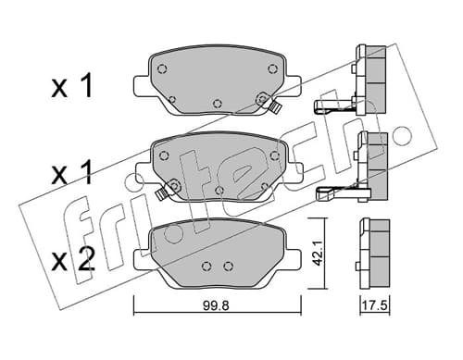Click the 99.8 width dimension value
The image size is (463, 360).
(216, 306)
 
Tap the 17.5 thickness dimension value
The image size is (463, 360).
(374, 306)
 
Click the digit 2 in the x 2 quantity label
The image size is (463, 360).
(84, 259)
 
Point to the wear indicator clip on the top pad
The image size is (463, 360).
(274, 106)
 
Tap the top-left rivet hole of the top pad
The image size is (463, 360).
(162, 68)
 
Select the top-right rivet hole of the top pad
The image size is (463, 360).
(272, 68)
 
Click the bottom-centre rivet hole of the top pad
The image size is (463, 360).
(218, 104)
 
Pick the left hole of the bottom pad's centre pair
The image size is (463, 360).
(206, 266)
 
